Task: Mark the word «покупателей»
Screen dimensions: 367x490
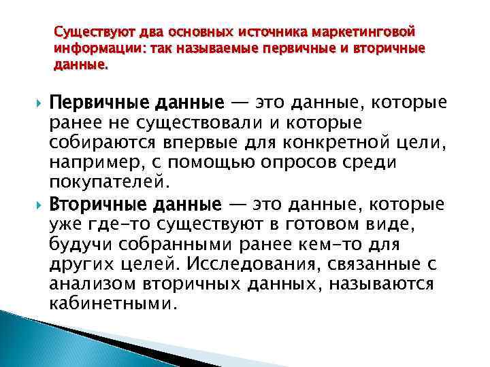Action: point(105,182)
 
